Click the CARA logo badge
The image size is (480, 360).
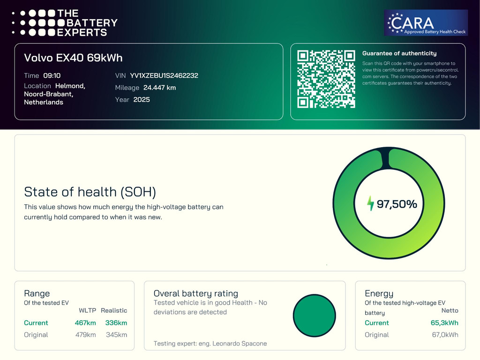click(x=426, y=22)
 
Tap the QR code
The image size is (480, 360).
click(x=326, y=79)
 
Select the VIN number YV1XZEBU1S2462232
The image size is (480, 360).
click(x=164, y=75)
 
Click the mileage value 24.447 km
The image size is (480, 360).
click(x=159, y=88)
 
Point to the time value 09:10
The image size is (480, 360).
click(x=52, y=75)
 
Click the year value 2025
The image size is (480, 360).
click(x=142, y=99)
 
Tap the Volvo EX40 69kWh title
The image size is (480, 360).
click(x=73, y=58)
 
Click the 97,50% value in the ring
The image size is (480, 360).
click(x=397, y=204)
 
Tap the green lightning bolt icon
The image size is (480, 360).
click(x=370, y=203)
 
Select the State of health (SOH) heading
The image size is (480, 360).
click(x=90, y=192)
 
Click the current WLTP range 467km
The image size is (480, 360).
click(x=85, y=322)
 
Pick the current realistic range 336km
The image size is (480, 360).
click(x=116, y=322)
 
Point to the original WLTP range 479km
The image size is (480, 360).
click(x=86, y=335)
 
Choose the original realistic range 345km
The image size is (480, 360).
click(x=116, y=335)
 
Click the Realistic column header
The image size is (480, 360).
click(x=114, y=310)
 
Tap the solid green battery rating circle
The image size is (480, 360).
click(x=315, y=315)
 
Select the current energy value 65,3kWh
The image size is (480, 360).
click(x=444, y=322)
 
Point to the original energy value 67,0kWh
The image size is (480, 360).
click(x=445, y=335)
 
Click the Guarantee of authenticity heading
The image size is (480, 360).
click(x=399, y=53)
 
